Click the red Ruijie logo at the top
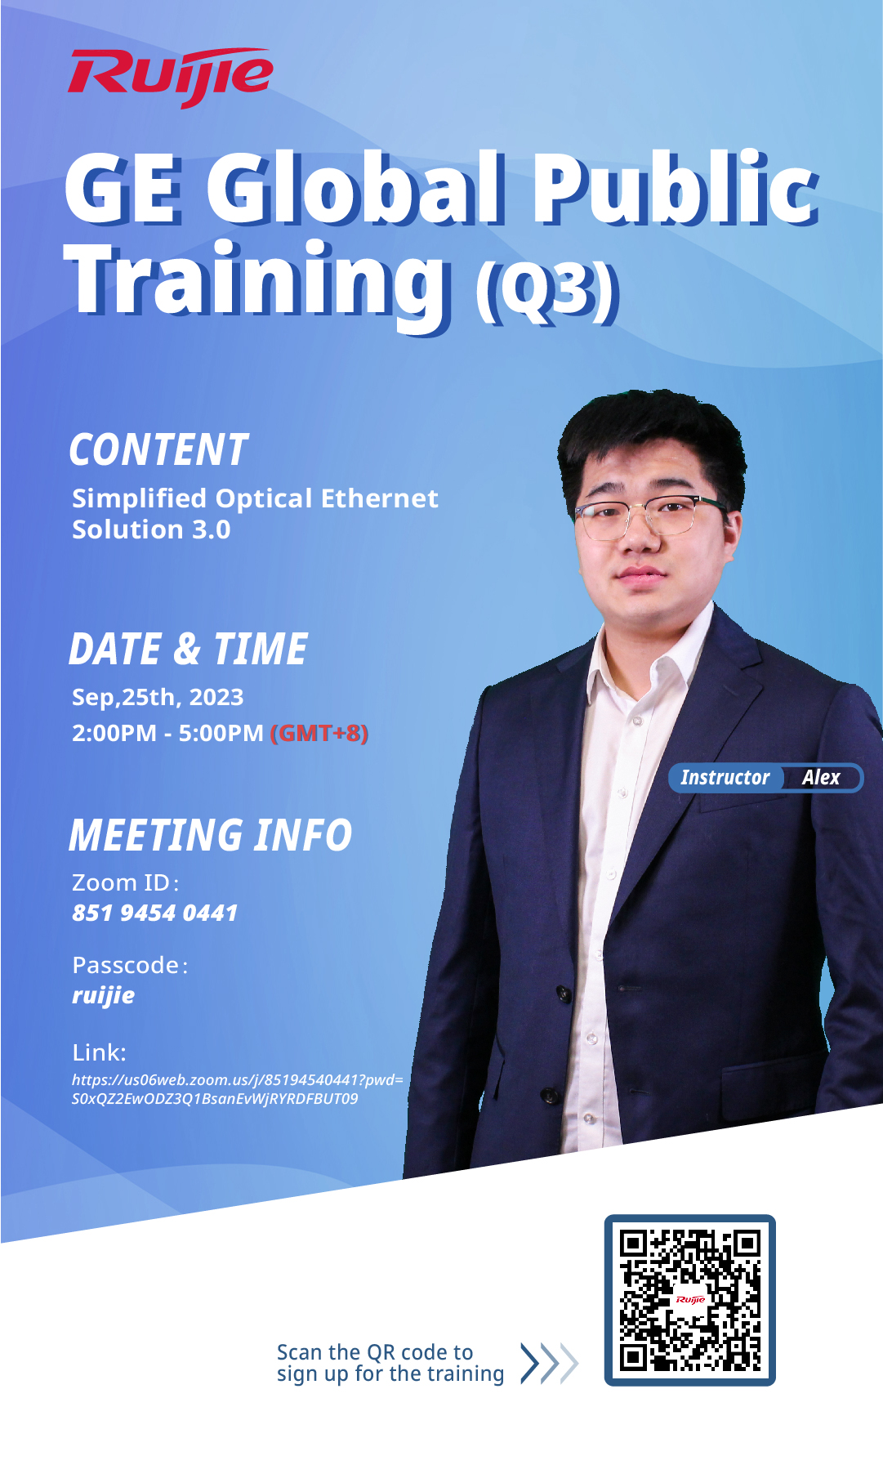171,76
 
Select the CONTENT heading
158,449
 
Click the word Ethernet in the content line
380,498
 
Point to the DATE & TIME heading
188,649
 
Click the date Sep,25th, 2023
158,697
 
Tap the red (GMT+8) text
319,733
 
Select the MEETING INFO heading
210,835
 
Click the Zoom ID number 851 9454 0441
154,913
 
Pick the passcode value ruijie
103,995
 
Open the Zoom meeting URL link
237,1089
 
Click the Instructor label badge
725,777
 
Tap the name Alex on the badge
821,777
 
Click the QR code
689,1300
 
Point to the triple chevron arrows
549,1363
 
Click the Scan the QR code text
375,1352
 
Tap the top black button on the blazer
563,993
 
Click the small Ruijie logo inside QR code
690,1299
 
